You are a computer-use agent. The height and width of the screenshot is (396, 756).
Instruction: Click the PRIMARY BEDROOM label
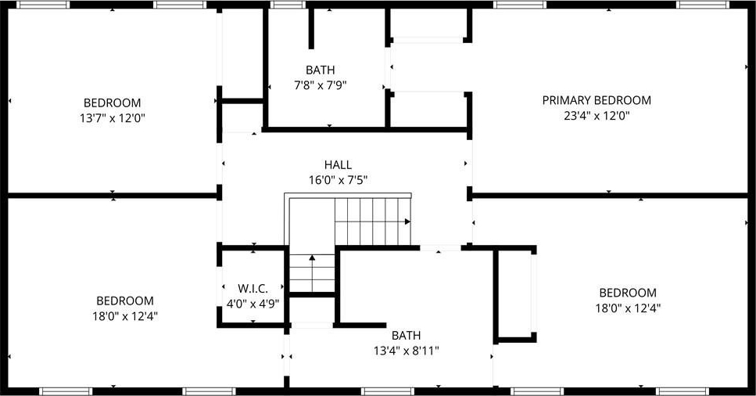click(597, 100)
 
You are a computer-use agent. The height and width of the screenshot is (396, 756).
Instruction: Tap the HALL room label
click(338, 164)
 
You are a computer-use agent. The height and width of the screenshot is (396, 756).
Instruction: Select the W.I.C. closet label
click(253, 289)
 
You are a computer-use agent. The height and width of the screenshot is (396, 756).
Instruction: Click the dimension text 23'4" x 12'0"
click(597, 116)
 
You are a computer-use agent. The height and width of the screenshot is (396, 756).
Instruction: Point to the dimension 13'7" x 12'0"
click(113, 118)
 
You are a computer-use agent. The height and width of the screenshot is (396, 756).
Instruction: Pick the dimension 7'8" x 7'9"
click(320, 85)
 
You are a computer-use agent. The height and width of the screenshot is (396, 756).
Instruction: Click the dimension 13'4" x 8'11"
click(406, 351)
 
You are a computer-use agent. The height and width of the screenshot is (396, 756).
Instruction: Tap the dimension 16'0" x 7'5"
click(338, 180)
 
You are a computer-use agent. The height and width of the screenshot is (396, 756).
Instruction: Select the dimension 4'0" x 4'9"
click(253, 304)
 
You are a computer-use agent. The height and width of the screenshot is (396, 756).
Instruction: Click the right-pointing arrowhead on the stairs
click(407, 221)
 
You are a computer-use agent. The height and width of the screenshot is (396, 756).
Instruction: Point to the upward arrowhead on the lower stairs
click(312, 258)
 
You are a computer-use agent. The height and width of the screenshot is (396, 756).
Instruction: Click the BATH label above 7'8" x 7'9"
click(320, 70)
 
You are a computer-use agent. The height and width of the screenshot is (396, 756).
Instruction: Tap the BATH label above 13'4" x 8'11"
click(406, 335)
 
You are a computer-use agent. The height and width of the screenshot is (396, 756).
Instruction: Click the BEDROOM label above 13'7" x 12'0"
click(113, 103)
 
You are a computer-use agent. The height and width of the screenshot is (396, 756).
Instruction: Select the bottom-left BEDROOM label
click(125, 301)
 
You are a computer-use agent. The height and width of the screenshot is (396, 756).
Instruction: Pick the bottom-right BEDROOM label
click(628, 293)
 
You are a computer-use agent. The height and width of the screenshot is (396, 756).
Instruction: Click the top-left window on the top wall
click(44, 5)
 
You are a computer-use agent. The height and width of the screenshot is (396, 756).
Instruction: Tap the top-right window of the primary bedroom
click(702, 5)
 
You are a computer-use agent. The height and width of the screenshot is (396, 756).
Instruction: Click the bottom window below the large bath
click(388, 391)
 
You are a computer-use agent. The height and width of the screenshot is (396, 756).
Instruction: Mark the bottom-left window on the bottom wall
click(66, 391)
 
